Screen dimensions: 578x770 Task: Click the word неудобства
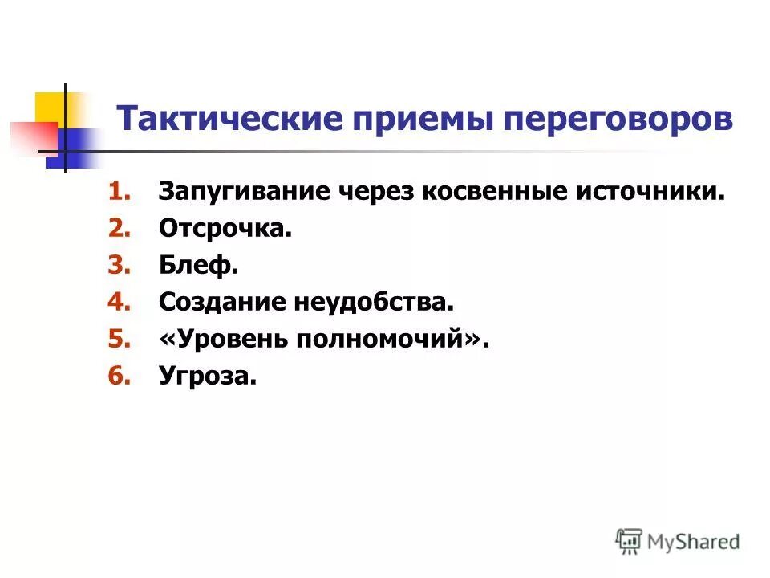click(371, 303)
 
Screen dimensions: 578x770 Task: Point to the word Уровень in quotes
click(229, 340)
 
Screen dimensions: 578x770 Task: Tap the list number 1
click(119, 193)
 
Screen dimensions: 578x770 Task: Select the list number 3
click(119, 266)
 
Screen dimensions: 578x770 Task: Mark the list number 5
click(119, 340)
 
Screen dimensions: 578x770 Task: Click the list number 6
click(119, 377)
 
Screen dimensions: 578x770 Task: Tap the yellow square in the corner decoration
click(50, 108)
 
